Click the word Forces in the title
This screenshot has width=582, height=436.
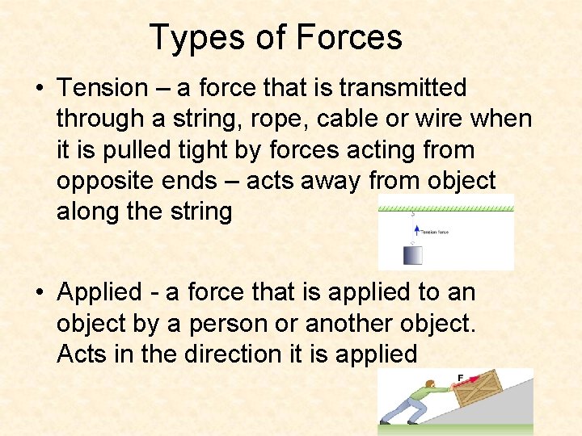[349, 38]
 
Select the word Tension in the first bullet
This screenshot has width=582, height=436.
[103, 87]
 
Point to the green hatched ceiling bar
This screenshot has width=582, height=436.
[445, 209]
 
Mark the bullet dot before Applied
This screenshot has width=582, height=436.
[39, 292]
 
